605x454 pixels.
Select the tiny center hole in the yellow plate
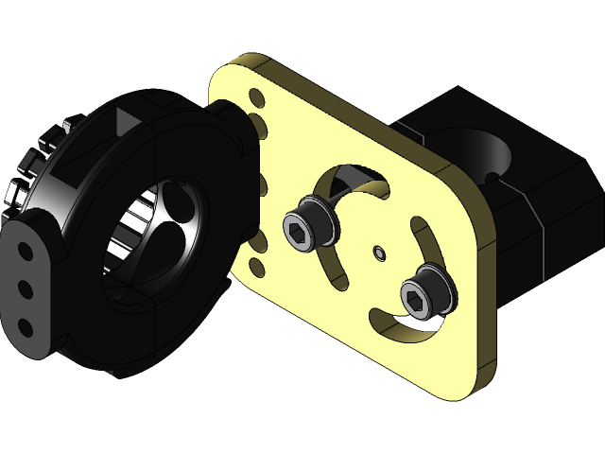tap(379, 252)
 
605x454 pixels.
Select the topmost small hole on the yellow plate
tap(256, 96)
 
